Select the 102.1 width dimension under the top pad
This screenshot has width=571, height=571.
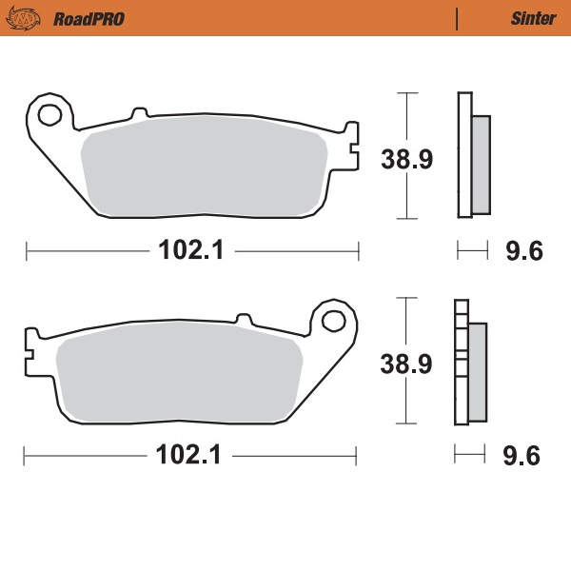[191, 250]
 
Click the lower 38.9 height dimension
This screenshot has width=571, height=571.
[407, 363]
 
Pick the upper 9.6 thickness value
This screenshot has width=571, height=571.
[522, 251]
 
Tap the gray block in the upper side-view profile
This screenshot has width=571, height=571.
[481, 163]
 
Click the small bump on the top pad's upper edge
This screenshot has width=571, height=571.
[140, 115]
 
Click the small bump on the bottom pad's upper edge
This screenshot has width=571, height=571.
[243, 318]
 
